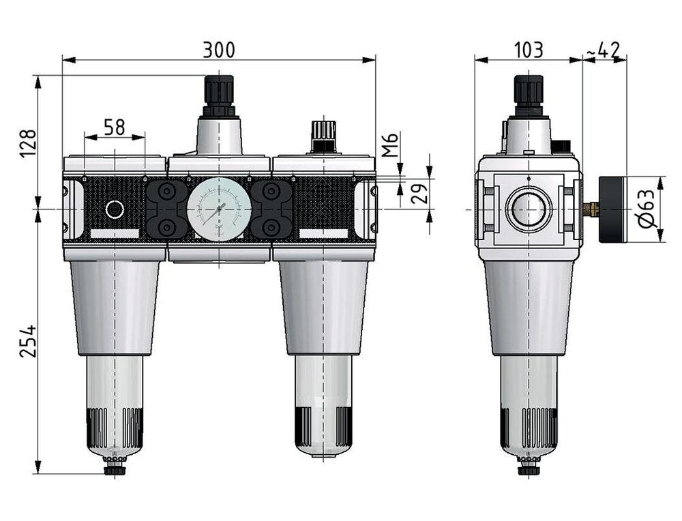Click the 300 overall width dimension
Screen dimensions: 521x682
219,50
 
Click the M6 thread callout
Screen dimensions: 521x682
389,145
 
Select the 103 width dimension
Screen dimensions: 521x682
528,50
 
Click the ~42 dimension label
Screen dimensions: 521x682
604,50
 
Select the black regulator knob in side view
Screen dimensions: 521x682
529,93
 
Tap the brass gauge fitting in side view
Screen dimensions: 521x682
592,209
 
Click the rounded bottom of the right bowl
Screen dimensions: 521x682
323,447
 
